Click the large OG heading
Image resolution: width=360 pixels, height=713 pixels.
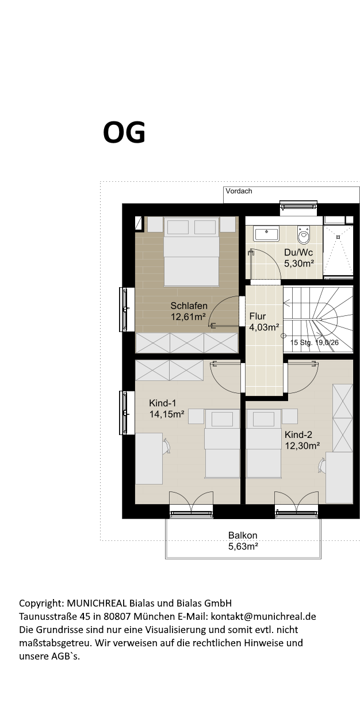click(124, 132)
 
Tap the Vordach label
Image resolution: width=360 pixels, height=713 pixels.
click(239, 191)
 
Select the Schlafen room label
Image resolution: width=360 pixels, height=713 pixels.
click(189, 306)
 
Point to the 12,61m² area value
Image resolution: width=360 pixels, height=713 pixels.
click(188, 317)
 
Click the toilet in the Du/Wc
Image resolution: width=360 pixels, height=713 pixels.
click(304, 235)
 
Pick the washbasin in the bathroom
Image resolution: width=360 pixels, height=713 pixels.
click(266, 234)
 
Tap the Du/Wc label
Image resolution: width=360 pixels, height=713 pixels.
click(298, 253)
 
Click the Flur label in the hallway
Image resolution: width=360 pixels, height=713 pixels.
click(257, 316)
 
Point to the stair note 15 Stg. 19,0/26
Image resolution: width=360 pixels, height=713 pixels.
click(315, 342)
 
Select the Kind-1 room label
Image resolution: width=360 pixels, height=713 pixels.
click(163, 403)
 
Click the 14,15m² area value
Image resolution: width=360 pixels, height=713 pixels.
click(167, 414)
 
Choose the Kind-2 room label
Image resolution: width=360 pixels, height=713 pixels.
click(298, 434)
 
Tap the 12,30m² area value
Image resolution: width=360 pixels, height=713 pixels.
click(302, 445)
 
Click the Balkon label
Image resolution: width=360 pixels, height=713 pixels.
click(243, 535)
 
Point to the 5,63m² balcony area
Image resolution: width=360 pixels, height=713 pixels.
click(243, 547)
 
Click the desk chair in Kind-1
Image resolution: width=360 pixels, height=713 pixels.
click(166, 446)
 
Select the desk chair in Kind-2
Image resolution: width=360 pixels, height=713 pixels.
click(321, 466)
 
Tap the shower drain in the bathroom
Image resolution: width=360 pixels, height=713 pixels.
click(338, 237)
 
